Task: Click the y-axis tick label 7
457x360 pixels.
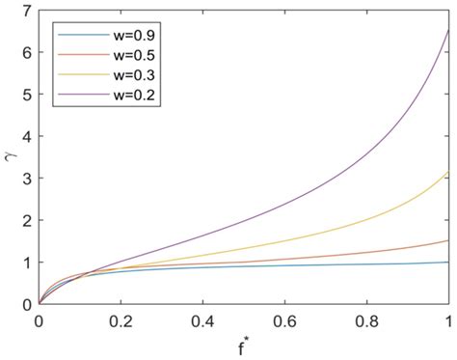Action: click(26, 11)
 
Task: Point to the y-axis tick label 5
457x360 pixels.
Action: click(26, 95)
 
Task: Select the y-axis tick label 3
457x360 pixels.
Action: click(26, 179)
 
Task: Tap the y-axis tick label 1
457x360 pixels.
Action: click(26, 263)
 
